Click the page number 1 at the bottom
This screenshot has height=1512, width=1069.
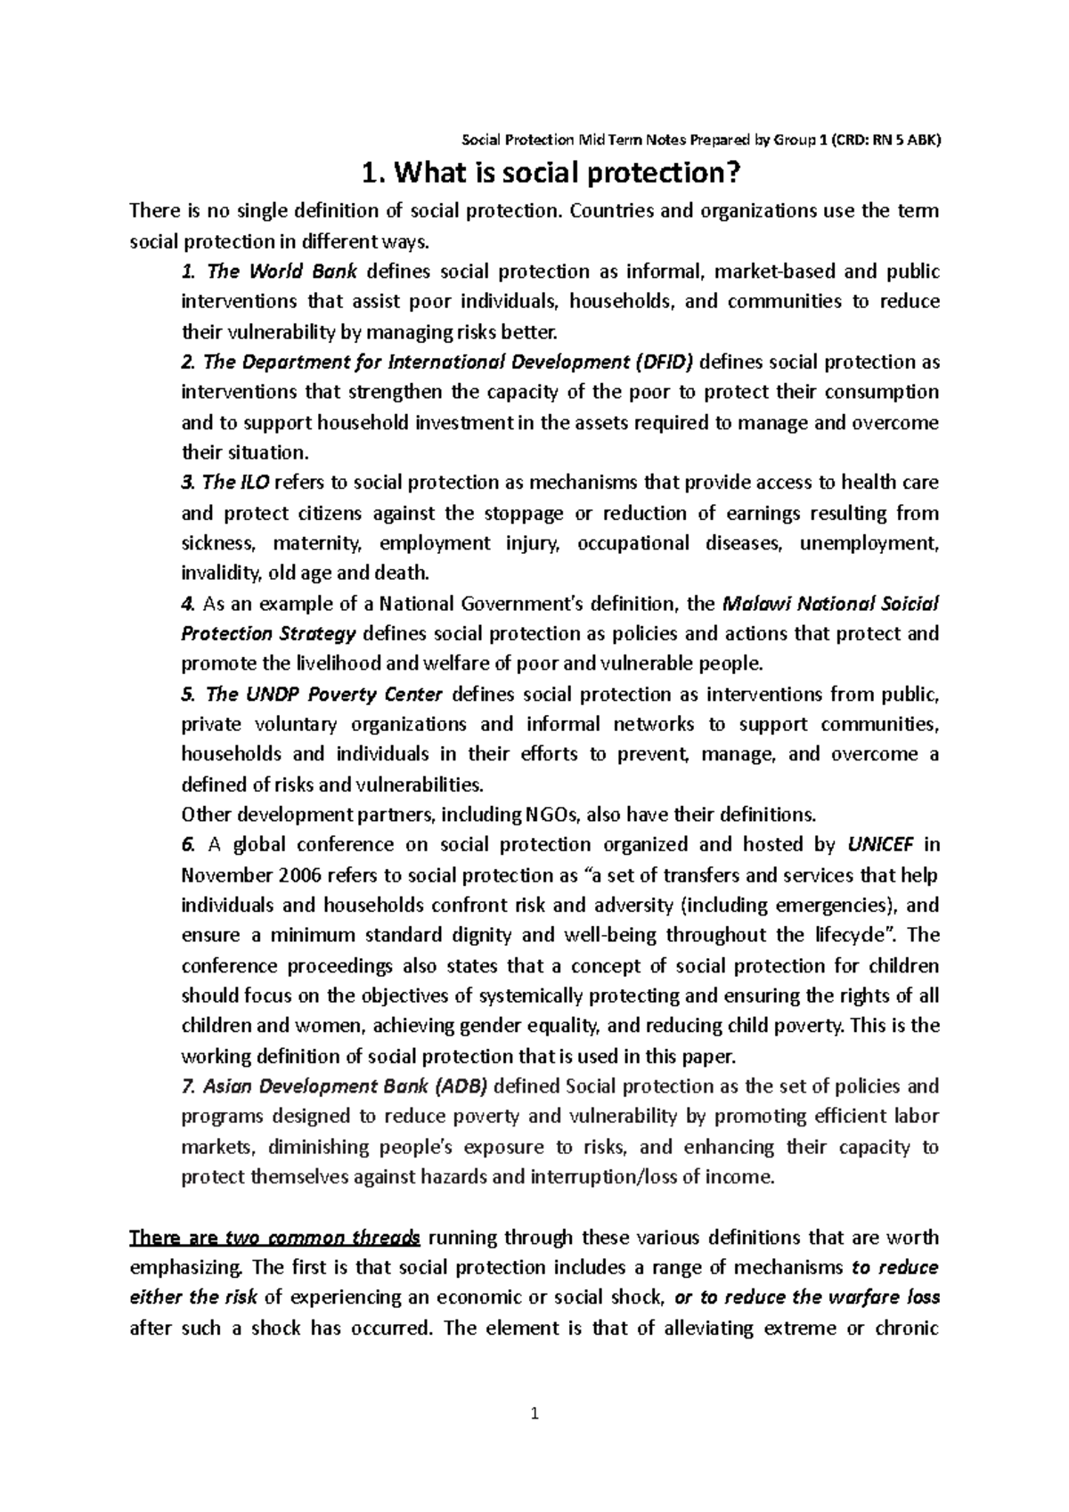[534, 1412]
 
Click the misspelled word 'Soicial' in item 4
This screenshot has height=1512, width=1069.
[907, 604]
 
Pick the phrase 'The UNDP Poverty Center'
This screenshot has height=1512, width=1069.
[324, 695]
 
